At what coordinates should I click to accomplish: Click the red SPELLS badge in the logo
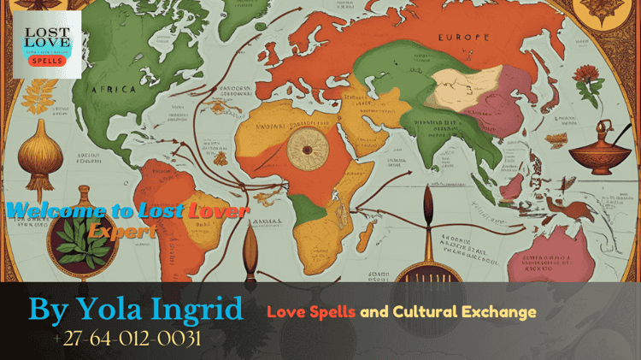(46, 61)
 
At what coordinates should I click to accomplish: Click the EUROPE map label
(463, 38)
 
